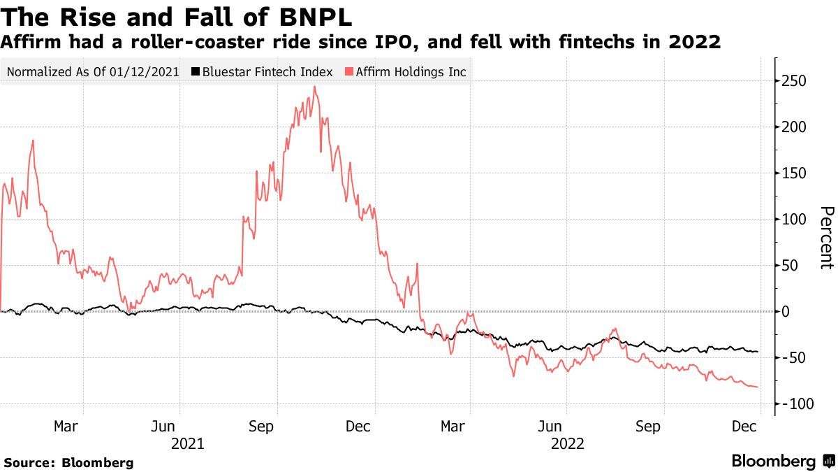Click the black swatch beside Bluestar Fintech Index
coord(196,72)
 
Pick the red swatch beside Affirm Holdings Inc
coord(349,72)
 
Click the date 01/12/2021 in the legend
coord(148,72)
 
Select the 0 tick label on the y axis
coord(786,311)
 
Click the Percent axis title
coord(826,238)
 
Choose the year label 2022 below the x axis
coord(567,443)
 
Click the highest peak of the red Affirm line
coord(315,87)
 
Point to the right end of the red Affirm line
coord(758,387)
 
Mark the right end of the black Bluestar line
coord(758,352)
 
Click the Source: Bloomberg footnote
coord(68,462)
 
